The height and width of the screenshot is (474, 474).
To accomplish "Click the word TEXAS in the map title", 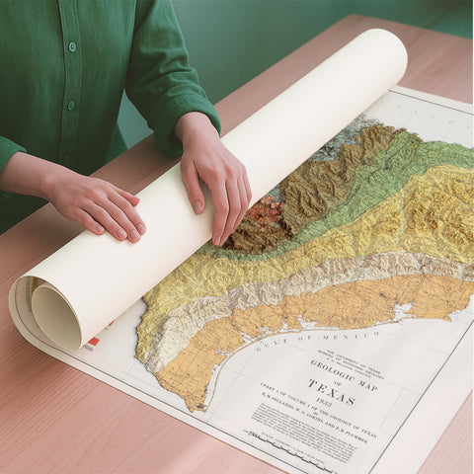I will pos(331,386).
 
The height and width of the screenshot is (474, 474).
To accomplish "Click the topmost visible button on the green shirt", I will pos(71,46).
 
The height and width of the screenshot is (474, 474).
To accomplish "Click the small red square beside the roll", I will pos(93,343).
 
